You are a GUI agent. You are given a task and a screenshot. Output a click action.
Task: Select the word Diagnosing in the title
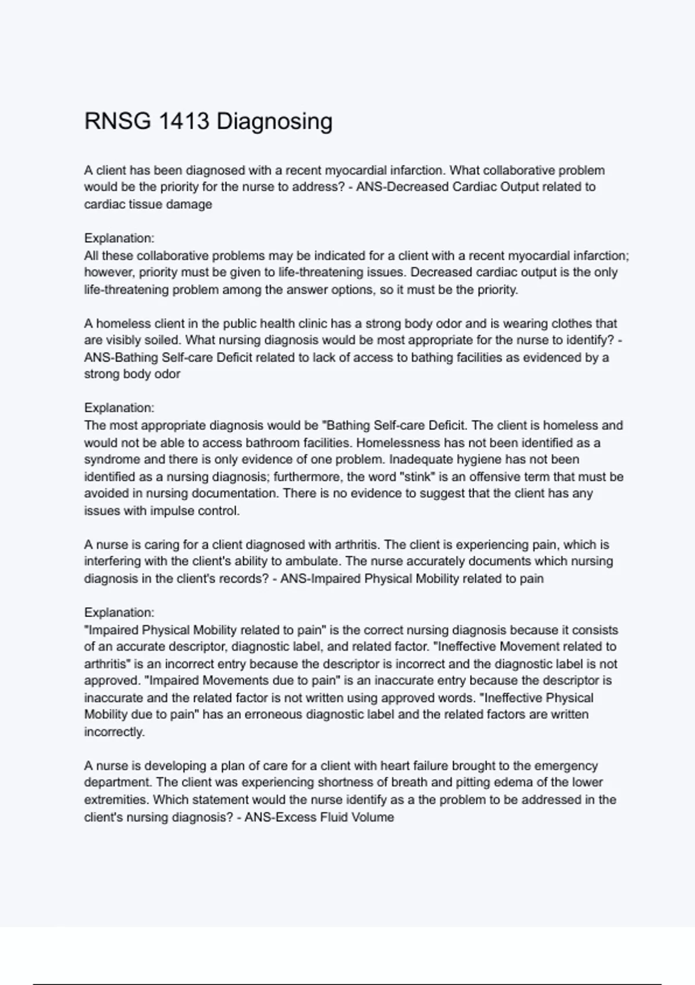coord(275,122)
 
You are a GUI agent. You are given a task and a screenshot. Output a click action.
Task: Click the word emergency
coord(566,766)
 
